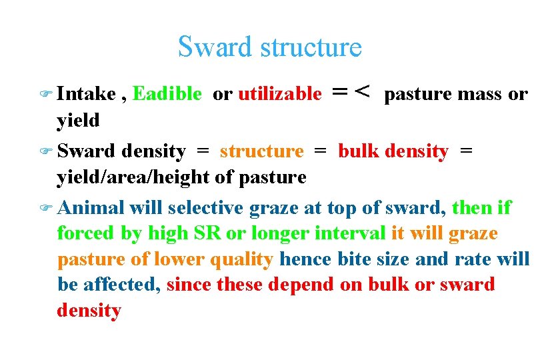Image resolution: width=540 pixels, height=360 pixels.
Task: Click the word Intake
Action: (86, 94)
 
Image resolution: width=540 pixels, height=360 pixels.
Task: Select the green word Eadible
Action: (167, 94)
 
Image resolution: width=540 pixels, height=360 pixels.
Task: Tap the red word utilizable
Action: (280, 94)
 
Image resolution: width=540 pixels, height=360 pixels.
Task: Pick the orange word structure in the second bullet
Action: (261, 151)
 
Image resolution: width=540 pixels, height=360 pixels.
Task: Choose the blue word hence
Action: (303, 259)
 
